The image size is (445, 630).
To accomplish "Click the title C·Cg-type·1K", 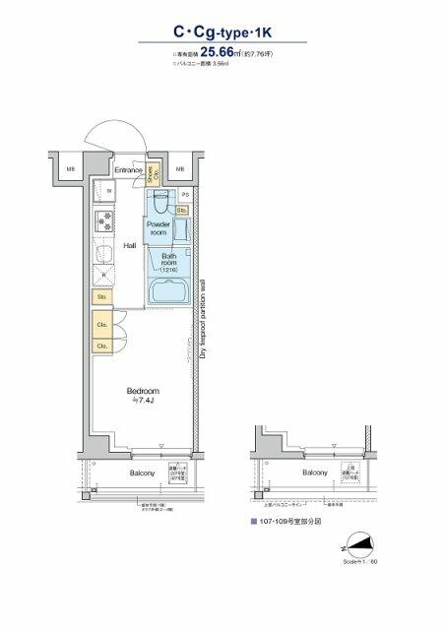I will click(x=222, y=32).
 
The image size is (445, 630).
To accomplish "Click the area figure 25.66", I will click(x=222, y=54).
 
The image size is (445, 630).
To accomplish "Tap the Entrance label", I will click(x=128, y=171).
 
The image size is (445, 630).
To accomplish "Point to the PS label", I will click(x=184, y=194).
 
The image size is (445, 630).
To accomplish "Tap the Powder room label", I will click(x=159, y=228).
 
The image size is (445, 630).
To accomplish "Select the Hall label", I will click(x=129, y=246).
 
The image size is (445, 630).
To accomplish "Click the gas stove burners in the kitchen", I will click(x=103, y=221).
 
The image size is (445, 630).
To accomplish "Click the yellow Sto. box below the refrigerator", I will click(x=102, y=296).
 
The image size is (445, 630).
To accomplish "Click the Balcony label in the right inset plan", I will click(x=315, y=473).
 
